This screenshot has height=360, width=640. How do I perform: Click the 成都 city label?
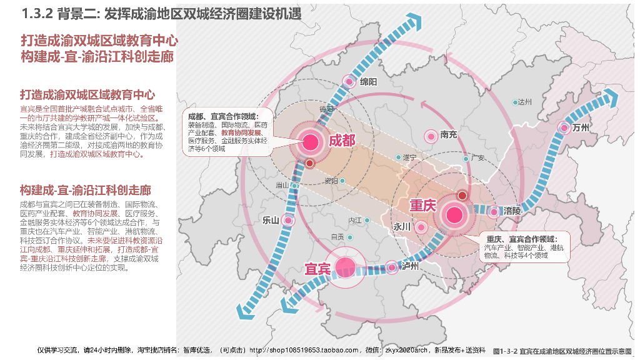click(x=342, y=140)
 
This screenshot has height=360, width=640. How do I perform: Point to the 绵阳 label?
click(x=369, y=82)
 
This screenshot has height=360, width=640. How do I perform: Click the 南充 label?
click(x=449, y=134)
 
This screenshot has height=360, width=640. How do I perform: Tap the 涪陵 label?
click(x=512, y=211)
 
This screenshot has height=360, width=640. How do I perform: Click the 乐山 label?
click(x=271, y=220)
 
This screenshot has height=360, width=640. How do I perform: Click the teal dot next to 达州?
click(x=515, y=102)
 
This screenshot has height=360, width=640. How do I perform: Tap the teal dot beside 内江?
click(x=367, y=220)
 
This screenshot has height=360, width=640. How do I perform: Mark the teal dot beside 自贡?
click(x=350, y=237)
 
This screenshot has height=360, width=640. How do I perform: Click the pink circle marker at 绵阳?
click(x=349, y=81)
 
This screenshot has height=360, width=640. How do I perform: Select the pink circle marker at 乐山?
click(x=288, y=220)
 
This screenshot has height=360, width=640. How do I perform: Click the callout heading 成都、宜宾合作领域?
click(x=223, y=117)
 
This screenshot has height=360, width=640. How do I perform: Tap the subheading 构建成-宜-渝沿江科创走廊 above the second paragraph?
click(x=86, y=189)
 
